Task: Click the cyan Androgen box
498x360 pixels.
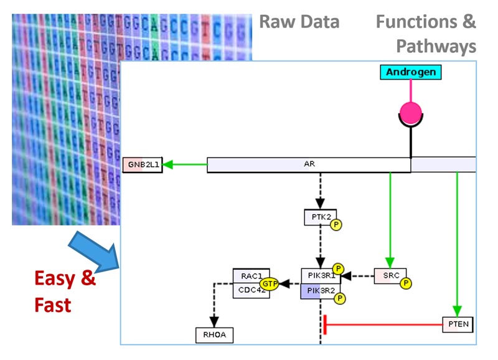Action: click(x=410, y=72)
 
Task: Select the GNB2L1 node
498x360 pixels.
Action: click(x=143, y=165)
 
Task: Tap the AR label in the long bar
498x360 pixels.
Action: click(x=308, y=164)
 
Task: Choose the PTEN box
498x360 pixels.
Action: click(x=458, y=324)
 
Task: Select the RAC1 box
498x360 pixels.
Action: click(x=248, y=276)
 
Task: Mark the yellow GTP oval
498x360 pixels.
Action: click(x=269, y=283)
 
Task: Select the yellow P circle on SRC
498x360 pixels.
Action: click(x=406, y=283)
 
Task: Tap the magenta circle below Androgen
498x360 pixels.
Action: click(x=410, y=113)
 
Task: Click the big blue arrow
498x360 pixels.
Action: click(x=96, y=250)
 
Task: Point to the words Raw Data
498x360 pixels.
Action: click(x=299, y=22)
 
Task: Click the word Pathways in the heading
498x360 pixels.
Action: click(x=436, y=45)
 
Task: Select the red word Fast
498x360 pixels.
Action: click(x=53, y=305)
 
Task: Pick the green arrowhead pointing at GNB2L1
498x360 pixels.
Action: click(x=167, y=165)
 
